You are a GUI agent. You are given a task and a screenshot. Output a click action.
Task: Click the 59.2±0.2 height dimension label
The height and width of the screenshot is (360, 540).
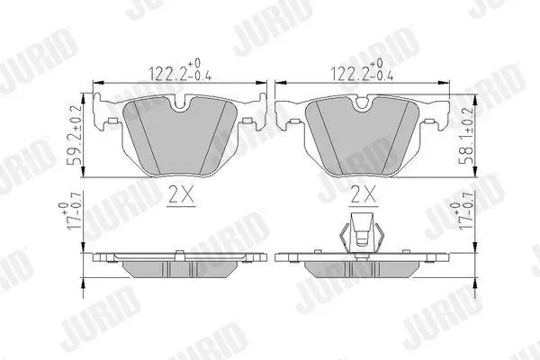click(74, 135)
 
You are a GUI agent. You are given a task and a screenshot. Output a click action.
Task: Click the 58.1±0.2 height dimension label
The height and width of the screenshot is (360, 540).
click(465, 136)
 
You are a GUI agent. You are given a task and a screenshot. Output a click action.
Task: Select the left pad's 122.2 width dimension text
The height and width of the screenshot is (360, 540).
click(180, 70)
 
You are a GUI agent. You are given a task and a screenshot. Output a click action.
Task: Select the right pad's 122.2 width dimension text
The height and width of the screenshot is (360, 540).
click(362, 70)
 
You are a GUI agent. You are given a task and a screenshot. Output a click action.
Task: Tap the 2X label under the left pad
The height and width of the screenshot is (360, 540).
click(181, 194)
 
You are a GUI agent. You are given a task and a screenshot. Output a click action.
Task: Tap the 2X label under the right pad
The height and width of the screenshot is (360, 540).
click(363, 194)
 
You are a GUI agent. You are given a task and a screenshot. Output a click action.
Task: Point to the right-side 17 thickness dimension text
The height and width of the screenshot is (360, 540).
click(461, 215)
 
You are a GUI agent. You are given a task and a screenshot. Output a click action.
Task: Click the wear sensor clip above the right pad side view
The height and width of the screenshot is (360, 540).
click(361, 234)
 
